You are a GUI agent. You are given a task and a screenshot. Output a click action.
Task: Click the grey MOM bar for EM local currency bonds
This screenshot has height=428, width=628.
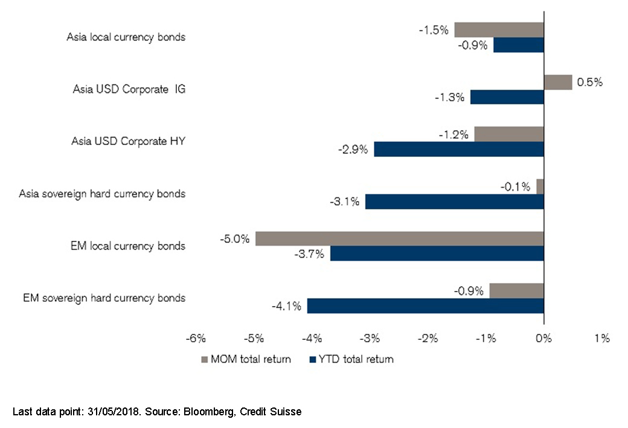[400, 238]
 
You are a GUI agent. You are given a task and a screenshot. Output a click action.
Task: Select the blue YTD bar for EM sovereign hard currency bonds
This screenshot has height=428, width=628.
[426, 306]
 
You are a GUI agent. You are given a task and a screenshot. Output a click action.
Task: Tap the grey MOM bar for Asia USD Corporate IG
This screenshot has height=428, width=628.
[558, 82]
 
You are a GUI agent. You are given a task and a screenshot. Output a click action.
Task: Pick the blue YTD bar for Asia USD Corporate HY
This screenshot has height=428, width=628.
[459, 149]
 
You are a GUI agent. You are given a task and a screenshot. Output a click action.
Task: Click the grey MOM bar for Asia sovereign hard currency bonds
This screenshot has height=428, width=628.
[540, 187]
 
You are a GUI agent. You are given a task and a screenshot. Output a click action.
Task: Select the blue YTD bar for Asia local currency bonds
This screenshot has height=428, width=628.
[519, 45]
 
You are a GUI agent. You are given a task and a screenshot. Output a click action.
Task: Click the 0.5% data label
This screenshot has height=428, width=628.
[590, 83]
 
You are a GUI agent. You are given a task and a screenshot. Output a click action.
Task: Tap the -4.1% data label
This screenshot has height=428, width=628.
[287, 306]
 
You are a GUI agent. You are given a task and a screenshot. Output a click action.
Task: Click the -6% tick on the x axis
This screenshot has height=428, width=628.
[197, 338]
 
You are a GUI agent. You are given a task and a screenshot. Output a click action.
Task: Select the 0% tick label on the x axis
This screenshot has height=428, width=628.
[544, 338]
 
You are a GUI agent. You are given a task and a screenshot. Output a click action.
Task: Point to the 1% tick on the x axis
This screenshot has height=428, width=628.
[602, 338]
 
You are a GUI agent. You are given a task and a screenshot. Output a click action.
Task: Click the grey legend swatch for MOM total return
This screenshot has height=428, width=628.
[204, 360]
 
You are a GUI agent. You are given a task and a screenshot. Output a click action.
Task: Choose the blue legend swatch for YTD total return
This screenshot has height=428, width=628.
[312, 360]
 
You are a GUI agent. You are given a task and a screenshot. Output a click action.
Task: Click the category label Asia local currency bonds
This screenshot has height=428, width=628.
[126, 37]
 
